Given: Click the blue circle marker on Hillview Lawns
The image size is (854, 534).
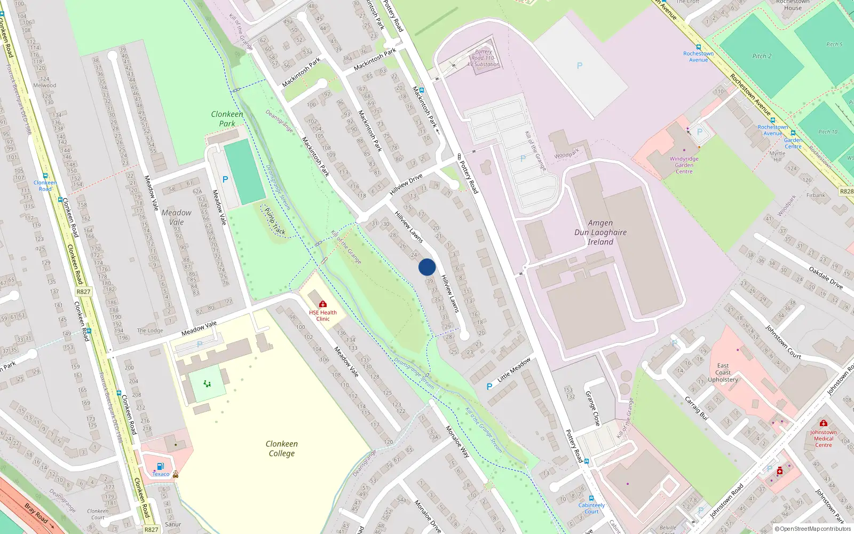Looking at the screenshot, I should [x=427, y=267].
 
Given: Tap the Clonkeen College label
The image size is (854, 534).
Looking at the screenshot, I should [x=282, y=449].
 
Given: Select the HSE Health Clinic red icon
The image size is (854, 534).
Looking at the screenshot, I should [x=322, y=304].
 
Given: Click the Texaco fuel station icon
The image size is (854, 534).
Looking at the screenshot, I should [x=160, y=466].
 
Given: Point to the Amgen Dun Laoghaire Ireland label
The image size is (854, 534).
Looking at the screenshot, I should [x=600, y=232].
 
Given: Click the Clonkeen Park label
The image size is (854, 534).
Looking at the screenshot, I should [x=227, y=119].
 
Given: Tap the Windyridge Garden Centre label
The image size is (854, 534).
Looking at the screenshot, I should [x=684, y=165].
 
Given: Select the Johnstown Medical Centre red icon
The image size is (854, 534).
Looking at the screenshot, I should [x=824, y=423].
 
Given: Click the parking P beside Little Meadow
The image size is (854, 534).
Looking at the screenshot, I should [x=489, y=387].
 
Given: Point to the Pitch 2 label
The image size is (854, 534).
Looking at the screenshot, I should [x=762, y=56].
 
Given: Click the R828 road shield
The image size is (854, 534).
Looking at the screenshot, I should [x=847, y=191].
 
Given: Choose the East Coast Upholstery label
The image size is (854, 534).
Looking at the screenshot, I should [x=723, y=373].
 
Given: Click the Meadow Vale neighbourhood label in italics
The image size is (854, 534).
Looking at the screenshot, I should [x=176, y=217].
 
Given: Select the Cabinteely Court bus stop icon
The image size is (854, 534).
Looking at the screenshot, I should [x=591, y=498].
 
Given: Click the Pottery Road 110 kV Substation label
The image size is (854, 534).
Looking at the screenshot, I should [x=484, y=58].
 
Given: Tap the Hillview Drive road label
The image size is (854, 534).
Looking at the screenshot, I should [x=406, y=184].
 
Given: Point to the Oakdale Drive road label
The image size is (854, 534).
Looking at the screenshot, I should [x=825, y=278].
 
